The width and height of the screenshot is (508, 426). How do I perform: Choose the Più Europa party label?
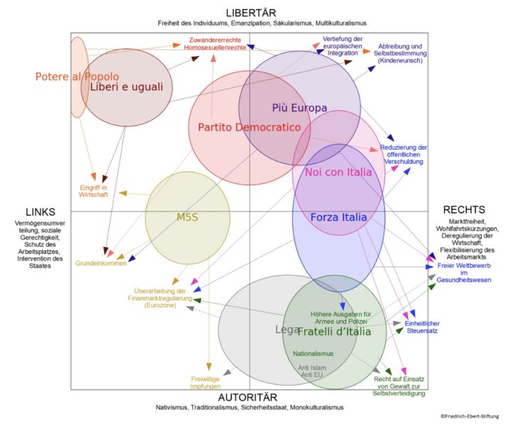click(x=299, y=107)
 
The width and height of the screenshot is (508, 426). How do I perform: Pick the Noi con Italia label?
click(x=338, y=171)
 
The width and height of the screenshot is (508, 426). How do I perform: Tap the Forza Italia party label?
click(x=338, y=217)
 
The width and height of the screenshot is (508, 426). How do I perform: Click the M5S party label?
click(x=188, y=217)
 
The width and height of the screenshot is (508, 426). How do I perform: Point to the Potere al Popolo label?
click(x=77, y=77)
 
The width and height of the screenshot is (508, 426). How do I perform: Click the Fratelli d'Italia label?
click(x=334, y=332)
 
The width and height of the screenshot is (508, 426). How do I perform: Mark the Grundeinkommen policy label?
click(x=101, y=263)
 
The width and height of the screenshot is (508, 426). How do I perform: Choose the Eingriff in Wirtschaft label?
click(x=94, y=192)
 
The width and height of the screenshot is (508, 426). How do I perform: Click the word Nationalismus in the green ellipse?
click(x=313, y=353)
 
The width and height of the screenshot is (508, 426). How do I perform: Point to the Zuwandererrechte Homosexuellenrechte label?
click(x=218, y=43)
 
